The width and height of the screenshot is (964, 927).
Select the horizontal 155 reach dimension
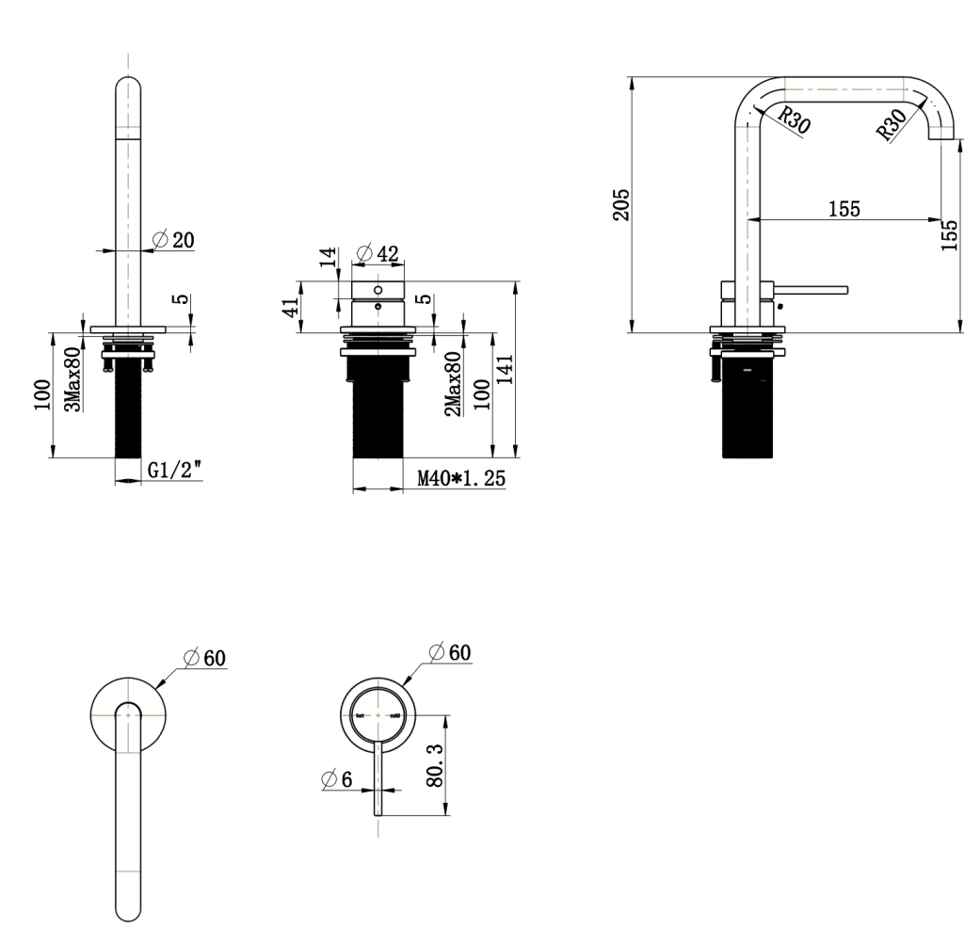tap(843, 209)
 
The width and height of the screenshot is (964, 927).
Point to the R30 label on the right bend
tap(892, 122)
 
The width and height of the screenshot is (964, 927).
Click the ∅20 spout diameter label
tap(173, 239)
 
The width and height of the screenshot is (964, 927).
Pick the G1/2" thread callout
tap(175, 471)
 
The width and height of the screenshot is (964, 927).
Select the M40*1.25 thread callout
tap(460, 479)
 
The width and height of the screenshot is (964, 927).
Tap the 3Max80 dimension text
tap(72, 379)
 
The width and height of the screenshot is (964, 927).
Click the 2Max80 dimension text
tap(453, 383)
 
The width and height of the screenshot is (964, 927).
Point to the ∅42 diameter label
tap(378, 253)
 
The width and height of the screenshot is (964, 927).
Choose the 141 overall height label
tap(505, 368)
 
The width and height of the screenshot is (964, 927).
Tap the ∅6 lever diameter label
tap(337, 780)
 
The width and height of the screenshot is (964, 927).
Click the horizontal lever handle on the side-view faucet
tap(811, 289)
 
